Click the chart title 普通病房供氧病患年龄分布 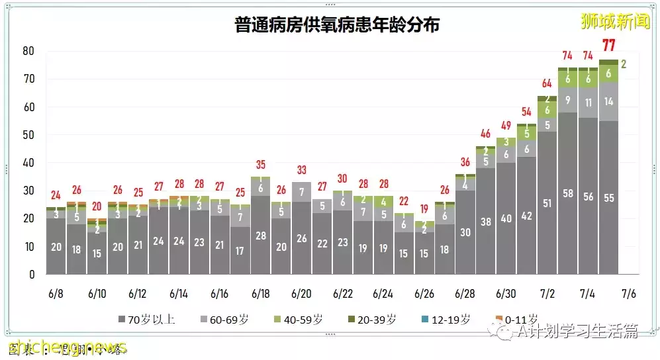(337, 25)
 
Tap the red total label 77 (608, 46)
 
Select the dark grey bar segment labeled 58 (567, 193)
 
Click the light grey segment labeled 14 (608, 102)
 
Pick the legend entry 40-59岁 (301, 320)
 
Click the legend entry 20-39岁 (374, 320)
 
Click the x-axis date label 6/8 (56, 292)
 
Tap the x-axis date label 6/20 (301, 292)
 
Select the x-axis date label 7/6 (629, 292)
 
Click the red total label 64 (547, 83)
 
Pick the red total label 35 (260, 165)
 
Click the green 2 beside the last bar (624, 64)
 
